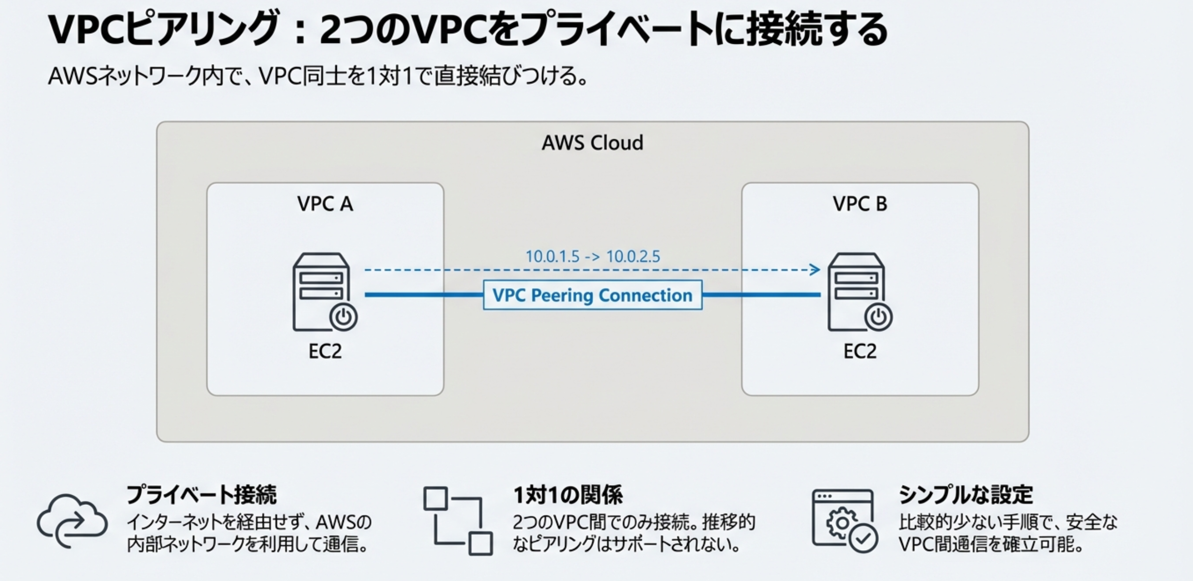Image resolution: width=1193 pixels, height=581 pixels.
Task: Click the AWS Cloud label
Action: tap(592, 143)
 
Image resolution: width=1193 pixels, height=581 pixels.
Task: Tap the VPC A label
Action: tap(325, 204)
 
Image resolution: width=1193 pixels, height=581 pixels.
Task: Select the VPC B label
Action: tap(860, 204)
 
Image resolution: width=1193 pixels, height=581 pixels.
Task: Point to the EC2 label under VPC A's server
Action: tap(325, 351)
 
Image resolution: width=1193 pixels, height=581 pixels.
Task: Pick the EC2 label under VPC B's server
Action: tap(860, 351)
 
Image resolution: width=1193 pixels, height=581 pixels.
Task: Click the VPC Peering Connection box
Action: tap(592, 295)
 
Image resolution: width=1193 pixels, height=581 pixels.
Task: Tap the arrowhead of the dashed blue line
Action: tap(816, 270)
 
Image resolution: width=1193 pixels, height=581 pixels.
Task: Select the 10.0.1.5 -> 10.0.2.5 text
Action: tap(592, 256)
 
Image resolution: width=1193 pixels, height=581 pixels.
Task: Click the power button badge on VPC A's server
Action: tap(343, 317)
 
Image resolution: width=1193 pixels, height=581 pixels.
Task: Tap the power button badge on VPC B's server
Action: tap(878, 317)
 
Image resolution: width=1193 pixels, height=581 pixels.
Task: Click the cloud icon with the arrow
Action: tap(72, 521)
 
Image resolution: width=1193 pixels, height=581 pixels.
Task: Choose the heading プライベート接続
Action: tap(201, 495)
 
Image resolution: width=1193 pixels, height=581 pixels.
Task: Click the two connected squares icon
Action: tap(458, 521)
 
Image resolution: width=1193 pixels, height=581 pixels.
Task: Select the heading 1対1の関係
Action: tap(568, 495)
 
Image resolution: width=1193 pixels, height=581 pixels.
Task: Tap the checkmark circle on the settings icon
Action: tap(863, 538)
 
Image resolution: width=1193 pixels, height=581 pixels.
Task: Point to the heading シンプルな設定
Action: tap(966, 495)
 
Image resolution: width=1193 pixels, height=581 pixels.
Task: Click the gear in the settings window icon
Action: tap(842, 522)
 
